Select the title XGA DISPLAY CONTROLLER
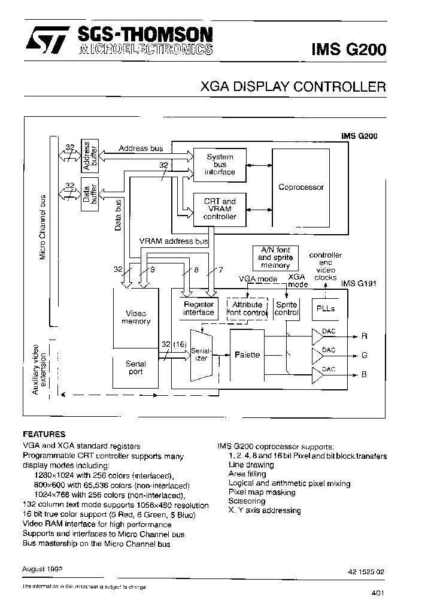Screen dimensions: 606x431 [293, 87]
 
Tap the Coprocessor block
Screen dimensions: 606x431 [301, 187]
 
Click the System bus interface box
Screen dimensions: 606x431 [220, 165]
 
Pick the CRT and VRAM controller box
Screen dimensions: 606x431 [220, 209]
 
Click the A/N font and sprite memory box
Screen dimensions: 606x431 [275, 257]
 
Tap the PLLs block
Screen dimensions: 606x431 [324, 309]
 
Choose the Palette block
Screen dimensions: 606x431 [247, 354]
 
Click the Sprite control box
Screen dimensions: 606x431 [286, 308]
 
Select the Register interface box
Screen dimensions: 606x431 [198, 308]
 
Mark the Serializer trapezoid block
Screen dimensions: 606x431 [199, 354]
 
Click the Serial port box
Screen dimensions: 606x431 [136, 368]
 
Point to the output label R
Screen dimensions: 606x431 [364, 336]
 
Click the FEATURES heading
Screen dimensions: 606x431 [44, 434]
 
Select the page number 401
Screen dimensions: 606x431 [377, 593]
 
